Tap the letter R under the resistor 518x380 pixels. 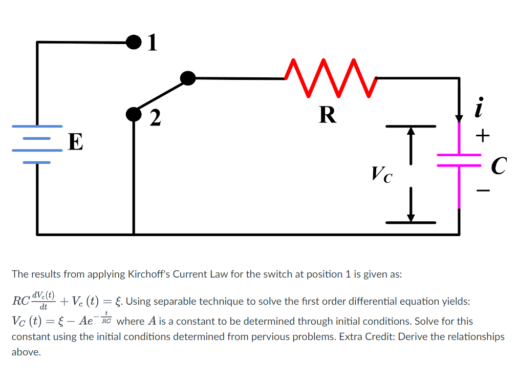click(x=328, y=115)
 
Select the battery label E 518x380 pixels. click(x=75, y=142)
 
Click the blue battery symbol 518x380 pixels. click(x=37, y=144)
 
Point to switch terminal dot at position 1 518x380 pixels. click(x=133, y=42)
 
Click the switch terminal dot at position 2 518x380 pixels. click(x=134, y=114)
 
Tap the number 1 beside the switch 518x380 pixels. click(x=152, y=43)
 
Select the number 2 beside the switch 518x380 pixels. click(x=155, y=117)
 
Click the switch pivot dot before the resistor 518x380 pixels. click(x=188, y=78)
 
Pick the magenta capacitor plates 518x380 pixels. click(x=459, y=160)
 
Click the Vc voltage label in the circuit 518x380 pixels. click(x=382, y=175)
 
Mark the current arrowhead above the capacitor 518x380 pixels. click(x=459, y=118)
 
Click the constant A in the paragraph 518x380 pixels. click(x=152, y=321)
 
